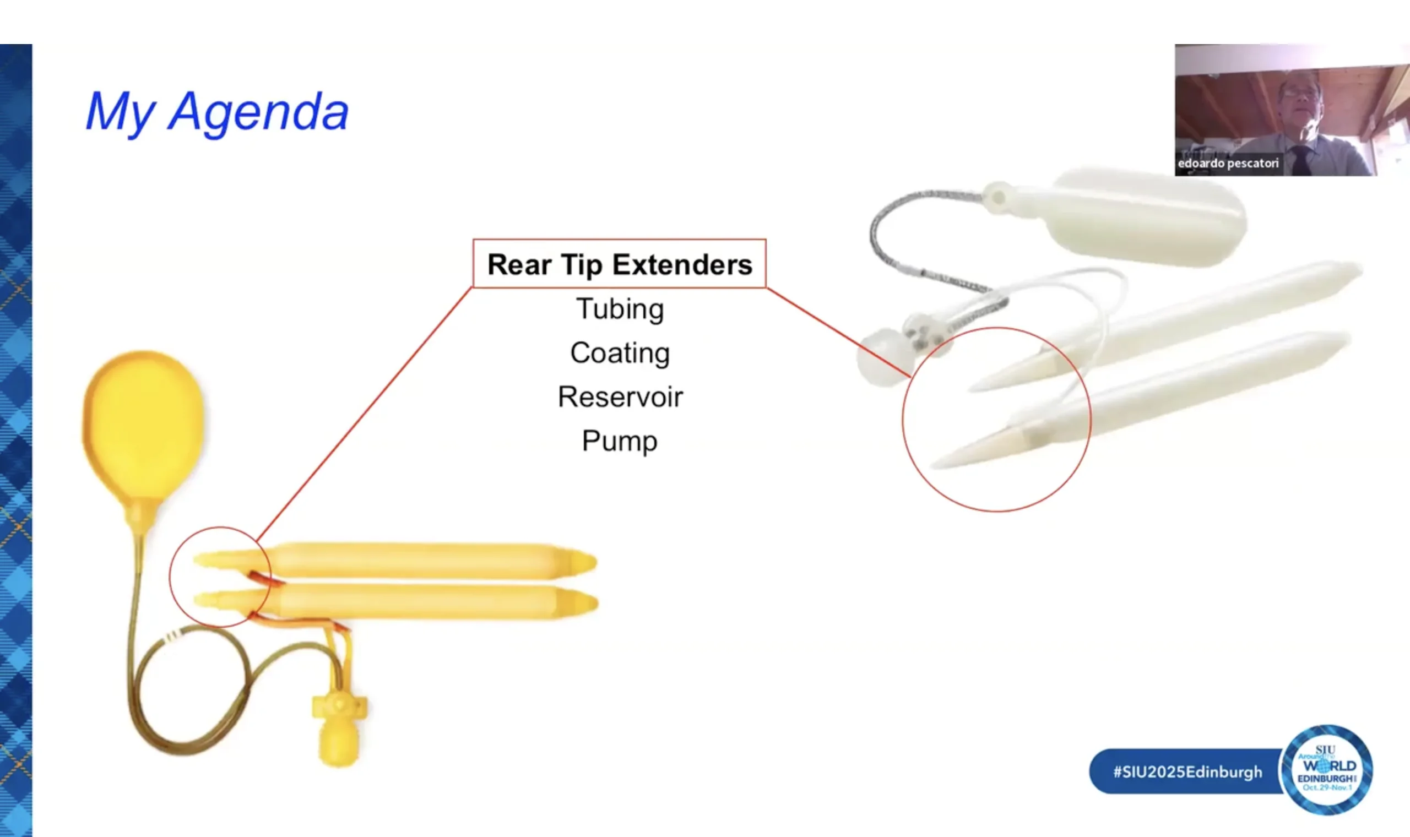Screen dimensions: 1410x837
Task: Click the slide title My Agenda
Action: (217, 112)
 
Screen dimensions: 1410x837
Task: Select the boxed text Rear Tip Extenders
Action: (619, 264)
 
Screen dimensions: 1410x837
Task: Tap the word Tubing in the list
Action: (620, 309)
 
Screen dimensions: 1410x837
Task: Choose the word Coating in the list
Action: (620, 353)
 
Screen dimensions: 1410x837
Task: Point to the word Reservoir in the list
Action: (620, 396)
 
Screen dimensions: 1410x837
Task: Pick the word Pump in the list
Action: (619, 441)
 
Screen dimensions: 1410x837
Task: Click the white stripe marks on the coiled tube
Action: (173, 635)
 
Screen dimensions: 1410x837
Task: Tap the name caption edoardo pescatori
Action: (1228, 164)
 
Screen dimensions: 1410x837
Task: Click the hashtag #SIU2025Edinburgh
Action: (1187, 771)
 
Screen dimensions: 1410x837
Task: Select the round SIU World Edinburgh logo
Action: (1326, 769)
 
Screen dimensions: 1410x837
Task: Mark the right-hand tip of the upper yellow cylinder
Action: (595, 562)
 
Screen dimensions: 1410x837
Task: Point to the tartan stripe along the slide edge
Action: (16, 440)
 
